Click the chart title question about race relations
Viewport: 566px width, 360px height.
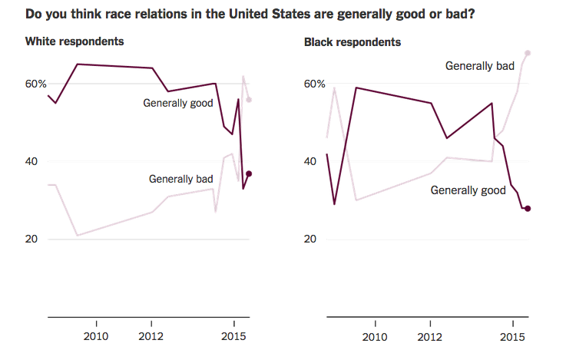click(x=250, y=14)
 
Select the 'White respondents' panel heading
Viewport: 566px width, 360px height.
click(x=75, y=41)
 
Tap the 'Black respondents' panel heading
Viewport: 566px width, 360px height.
click(x=353, y=41)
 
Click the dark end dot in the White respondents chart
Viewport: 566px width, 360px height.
click(x=249, y=174)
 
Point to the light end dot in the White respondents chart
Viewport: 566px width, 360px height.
click(x=249, y=100)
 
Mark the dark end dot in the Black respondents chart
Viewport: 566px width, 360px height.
click(x=528, y=209)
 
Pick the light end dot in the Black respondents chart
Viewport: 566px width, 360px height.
click(x=528, y=53)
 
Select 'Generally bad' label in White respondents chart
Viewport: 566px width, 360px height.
click(x=180, y=179)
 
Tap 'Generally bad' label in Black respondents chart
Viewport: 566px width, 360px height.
click(x=479, y=66)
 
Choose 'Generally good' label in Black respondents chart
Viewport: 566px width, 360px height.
click(x=464, y=190)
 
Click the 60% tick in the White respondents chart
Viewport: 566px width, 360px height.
click(x=35, y=84)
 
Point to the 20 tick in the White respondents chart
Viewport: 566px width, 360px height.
click(x=32, y=239)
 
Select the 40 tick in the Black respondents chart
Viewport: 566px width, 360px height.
click(x=311, y=161)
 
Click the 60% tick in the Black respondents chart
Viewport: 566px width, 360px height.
click(x=314, y=84)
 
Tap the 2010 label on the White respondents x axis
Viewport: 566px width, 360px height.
click(x=96, y=338)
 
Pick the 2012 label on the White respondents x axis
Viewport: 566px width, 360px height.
click(x=151, y=338)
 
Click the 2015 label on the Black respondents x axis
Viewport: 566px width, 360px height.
click(x=512, y=338)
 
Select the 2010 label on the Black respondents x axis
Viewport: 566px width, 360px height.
click(x=375, y=338)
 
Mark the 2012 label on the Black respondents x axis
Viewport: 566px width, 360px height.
click(x=430, y=338)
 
